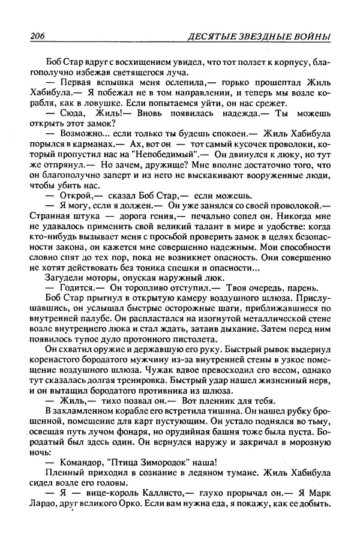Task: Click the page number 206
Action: pos(38,38)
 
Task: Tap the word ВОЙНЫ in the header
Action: pos(310,38)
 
